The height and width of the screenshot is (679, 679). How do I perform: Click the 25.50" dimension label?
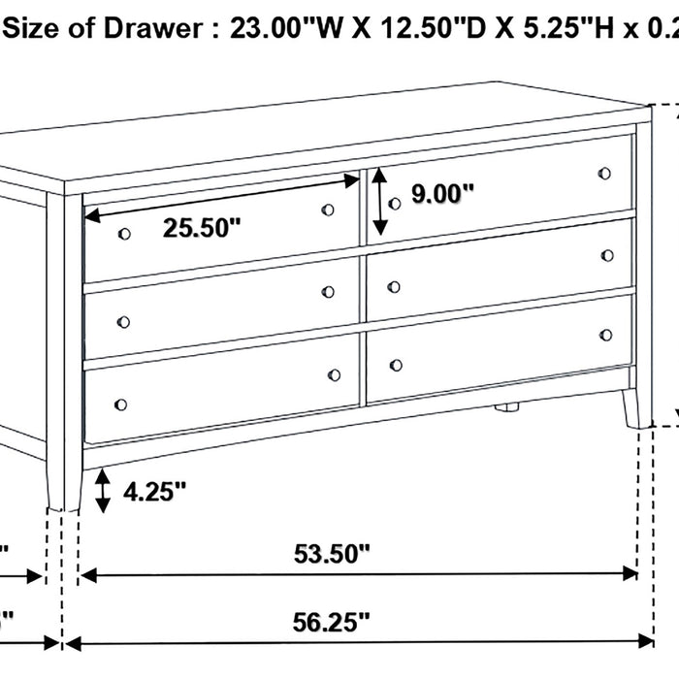point(202,229)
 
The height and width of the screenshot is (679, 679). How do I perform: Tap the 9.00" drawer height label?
point(442,194)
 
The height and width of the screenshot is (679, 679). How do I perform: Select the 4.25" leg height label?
point(154,492)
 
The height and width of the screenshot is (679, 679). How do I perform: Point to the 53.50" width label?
point(333,555)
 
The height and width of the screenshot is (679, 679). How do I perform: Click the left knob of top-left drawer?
point(124,234)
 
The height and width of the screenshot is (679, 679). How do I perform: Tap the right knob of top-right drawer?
point(605,174)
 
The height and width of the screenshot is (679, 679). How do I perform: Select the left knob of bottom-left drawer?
point(121,404)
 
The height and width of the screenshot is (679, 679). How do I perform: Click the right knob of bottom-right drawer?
point(606,335)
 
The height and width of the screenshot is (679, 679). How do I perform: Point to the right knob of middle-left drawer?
point(328,292)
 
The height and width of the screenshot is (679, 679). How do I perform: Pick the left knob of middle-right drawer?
point(394,286)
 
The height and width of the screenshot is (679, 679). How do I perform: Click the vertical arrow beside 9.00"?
point(380,202)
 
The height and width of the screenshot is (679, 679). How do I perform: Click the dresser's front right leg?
point(635,407)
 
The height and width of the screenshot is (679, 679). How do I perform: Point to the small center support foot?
point(505,408)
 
